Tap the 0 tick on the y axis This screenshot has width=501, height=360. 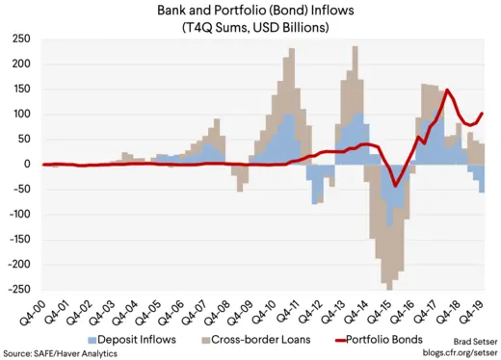[27, 164]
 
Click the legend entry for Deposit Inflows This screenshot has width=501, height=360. [140, 339]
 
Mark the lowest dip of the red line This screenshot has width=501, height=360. [395, 188]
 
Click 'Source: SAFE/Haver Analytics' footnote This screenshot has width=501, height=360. [60, 353]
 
